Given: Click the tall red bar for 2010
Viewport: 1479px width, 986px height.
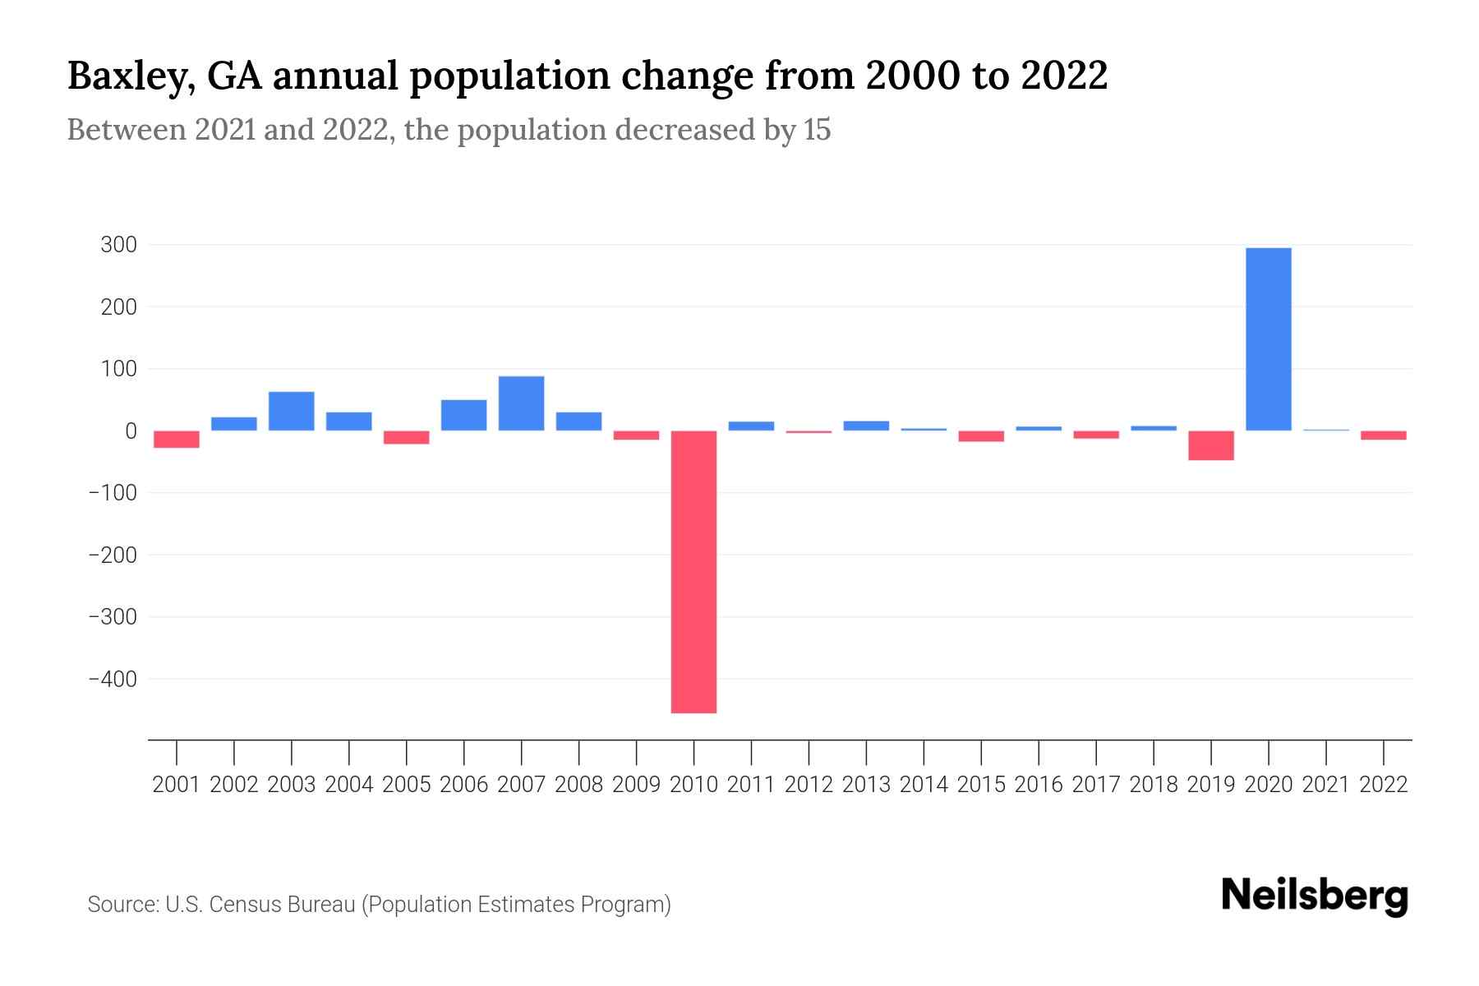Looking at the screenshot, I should pyautogui.click(x=693, y=571).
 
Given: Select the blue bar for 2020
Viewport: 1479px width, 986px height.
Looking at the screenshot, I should pyautogui.click(x=1268, y=339).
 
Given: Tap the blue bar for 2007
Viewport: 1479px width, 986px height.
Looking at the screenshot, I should pyautogui.click(x=521, y=403).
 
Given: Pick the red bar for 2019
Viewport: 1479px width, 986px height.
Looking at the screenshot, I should pyautogui.click(x=1210, y=445).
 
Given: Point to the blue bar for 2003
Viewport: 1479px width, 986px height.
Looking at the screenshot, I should pyautogui.click(x=292, y=411).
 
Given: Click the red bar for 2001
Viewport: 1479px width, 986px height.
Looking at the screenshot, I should pyautogui.click(x=177, y=440).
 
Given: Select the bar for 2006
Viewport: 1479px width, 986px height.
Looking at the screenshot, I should pyautogui.click(x=463, y=415).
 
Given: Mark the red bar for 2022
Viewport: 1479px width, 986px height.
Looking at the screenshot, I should pyautogui.click(x=1383, y=435).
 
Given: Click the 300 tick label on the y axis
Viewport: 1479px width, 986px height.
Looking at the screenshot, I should pyautogui.click(x=118, y=245).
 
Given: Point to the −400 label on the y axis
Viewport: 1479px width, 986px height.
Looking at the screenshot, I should pyautogui.click(x=113, y=680).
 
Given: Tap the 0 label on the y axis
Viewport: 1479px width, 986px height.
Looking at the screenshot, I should pyautogui.click(x=131, y=431).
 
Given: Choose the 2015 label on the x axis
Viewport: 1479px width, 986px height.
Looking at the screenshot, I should pyautogui.click(x=981, y=785).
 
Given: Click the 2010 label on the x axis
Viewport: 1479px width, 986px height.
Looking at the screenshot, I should pyautogui.click(x=693, y=785).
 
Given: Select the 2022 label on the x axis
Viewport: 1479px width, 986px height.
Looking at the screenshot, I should pyautogui.click(x=1383, y=785).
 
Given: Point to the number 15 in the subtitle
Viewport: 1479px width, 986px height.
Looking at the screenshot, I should pyautogui.click(x=817, y=130).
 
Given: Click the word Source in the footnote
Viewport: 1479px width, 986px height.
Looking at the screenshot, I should pyautogui.click(x=122, y=905).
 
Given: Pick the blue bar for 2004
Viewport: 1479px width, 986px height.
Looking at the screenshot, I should pyautogui.click(x=349, y=421).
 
